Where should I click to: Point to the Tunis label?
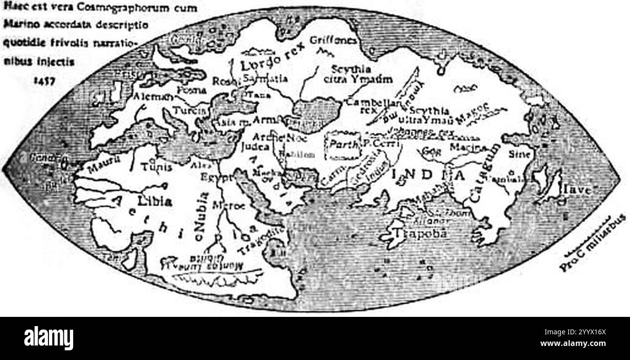coord(156,167)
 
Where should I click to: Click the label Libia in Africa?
coord(154,202)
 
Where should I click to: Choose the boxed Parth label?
coord(343,144)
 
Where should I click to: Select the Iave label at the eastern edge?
coord(576,190)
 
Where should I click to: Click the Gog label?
coord(430,151)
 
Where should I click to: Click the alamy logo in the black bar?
coord(48,338)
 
